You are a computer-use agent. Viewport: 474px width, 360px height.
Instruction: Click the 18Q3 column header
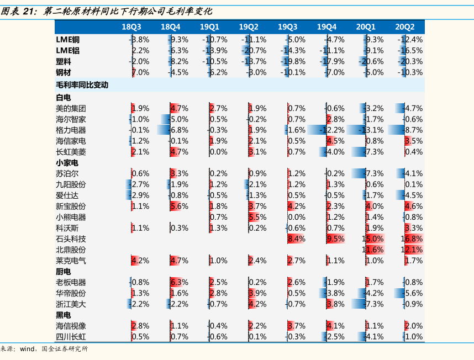pos(131,27)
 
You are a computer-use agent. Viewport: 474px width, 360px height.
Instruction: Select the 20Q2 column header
pos(405,27)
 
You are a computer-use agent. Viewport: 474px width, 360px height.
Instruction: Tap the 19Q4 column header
pos(327,27)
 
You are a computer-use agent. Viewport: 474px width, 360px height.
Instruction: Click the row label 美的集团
pos(71,108)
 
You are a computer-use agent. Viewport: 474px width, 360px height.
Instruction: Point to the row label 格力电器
pos(71,130)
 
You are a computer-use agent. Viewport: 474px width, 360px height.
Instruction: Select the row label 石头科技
pos(71,239)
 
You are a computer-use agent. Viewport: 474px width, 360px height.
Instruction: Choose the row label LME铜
pos(68,40)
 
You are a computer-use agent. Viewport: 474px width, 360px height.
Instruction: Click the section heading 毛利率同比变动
pos(82,85)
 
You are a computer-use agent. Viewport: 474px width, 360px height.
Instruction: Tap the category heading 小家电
pos(67,163)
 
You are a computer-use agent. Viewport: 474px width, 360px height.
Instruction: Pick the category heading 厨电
pos(64,272)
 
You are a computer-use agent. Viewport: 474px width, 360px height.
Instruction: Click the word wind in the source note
pos(27,349)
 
